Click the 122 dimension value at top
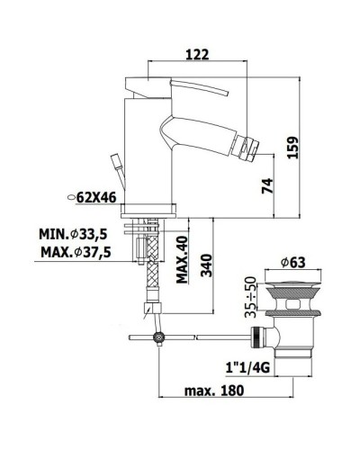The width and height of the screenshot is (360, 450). (199, 54)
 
